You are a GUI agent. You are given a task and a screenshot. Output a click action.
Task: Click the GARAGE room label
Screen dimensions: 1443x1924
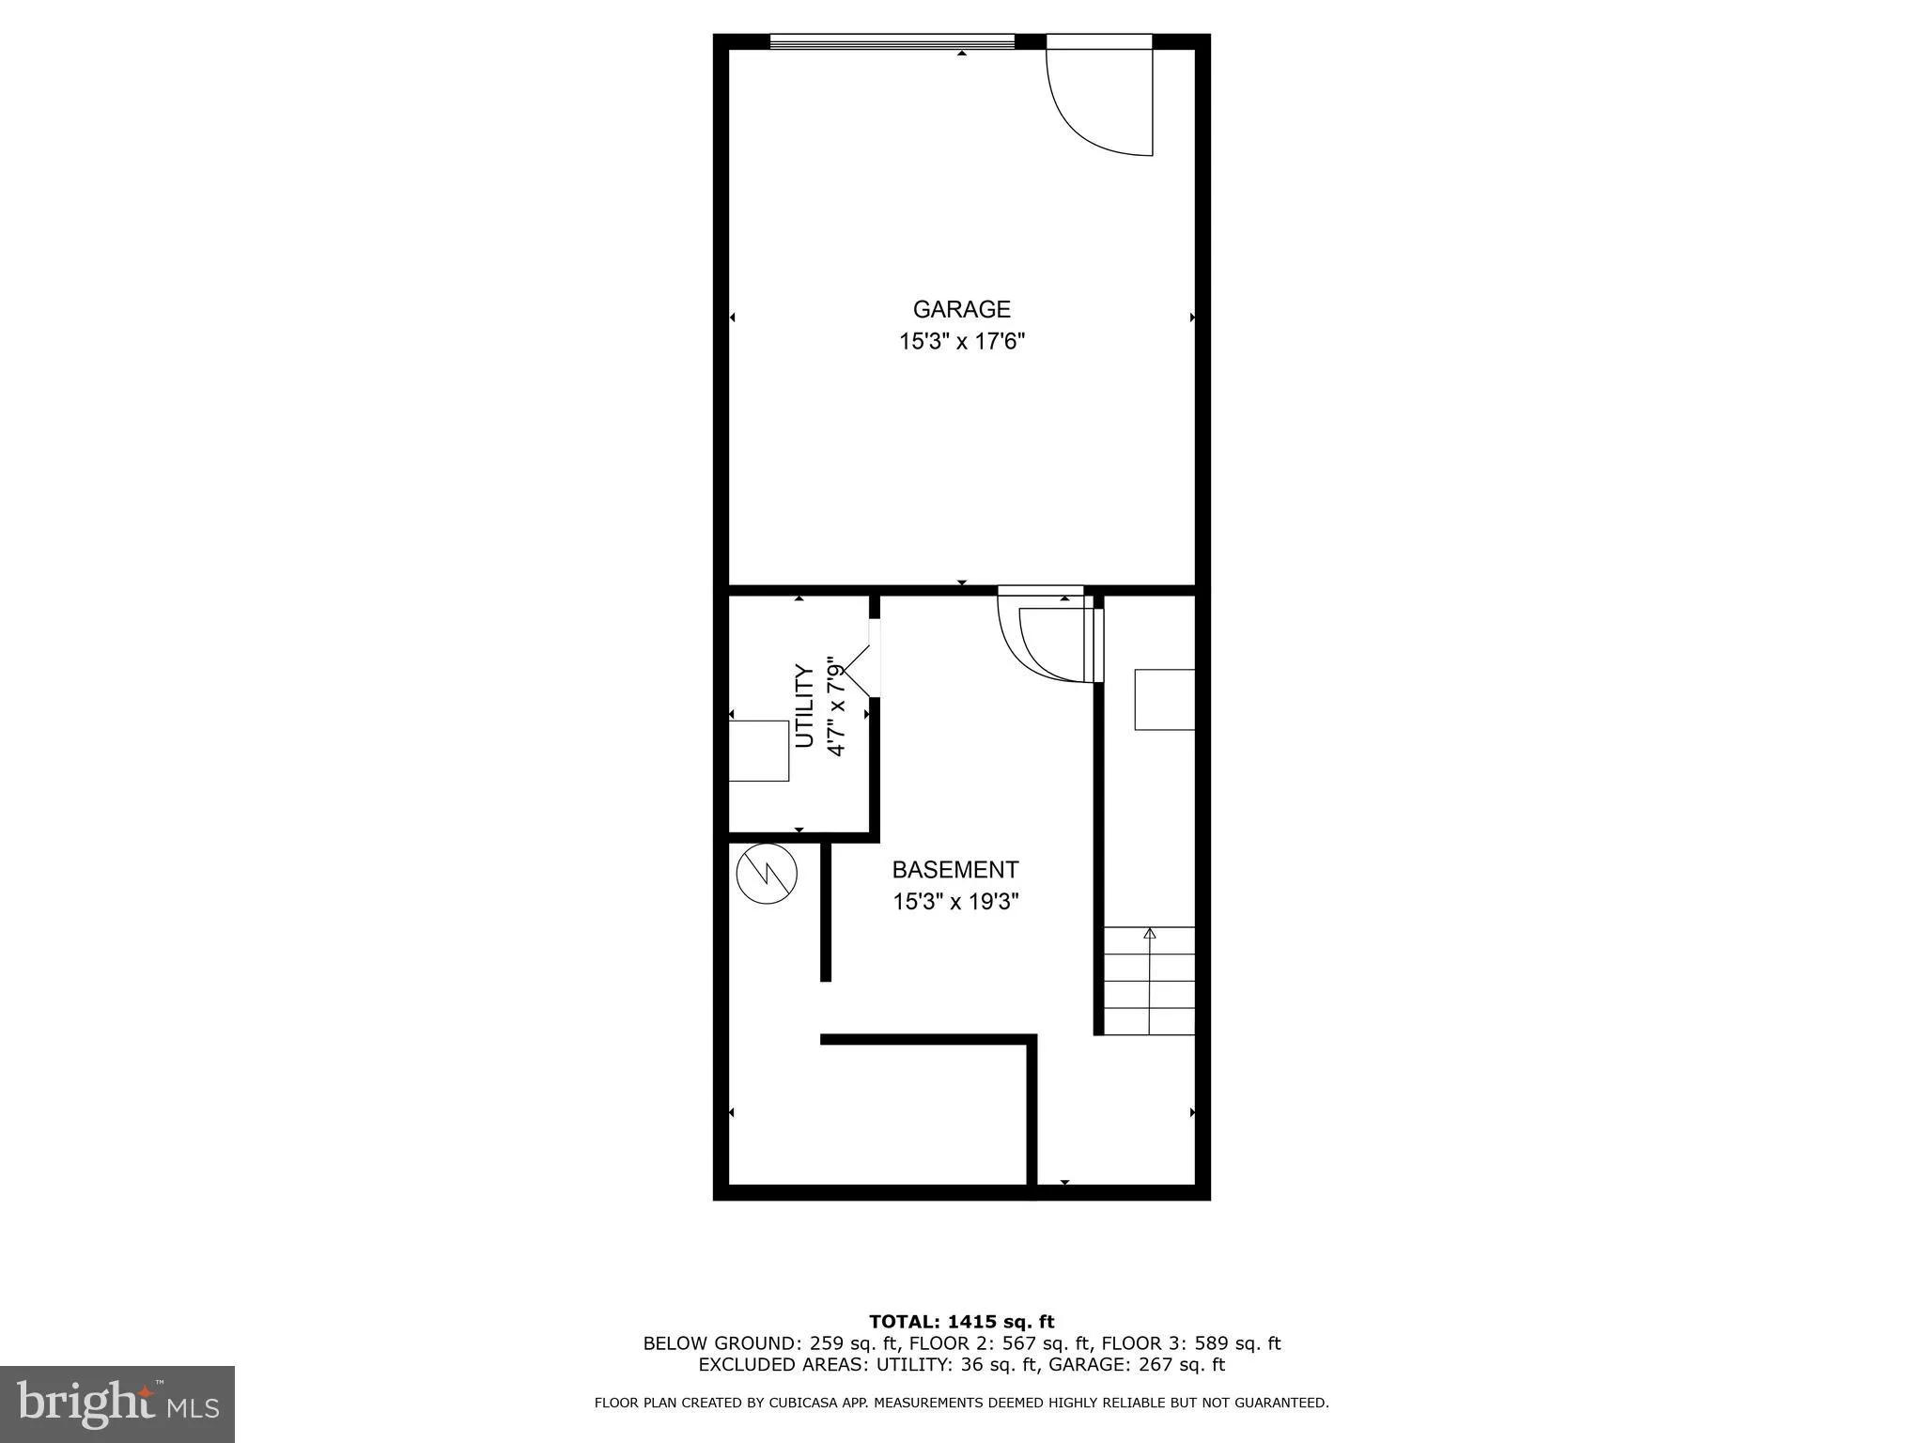[x=961, y=309]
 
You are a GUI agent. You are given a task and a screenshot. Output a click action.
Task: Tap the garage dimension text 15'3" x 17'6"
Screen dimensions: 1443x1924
[x=961, y=341]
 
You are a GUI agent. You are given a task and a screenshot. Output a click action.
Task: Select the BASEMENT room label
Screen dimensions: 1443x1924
[x=954, y=870]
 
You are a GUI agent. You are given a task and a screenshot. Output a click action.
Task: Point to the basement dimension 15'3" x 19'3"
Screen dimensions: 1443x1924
[x=954, y=902]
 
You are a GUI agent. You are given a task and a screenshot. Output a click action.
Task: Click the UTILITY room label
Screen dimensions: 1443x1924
[x=804, y=706]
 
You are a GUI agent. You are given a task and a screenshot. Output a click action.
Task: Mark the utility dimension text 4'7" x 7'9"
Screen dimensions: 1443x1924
[x=834, y=706]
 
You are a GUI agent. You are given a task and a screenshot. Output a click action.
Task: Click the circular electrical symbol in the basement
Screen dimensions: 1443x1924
[x=767, y=874]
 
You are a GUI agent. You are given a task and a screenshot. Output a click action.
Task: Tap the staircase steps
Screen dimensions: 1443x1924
[x=1149, y=982]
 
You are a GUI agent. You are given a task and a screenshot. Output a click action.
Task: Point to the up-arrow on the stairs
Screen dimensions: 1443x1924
[x=1149, y=934]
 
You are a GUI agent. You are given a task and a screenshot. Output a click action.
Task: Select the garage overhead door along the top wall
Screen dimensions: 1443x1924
[x=892, y=41]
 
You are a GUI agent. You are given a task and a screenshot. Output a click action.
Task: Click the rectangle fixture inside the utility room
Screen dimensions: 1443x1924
[x=759, y=751]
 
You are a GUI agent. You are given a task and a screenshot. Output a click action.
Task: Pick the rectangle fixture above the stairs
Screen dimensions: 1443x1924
[x=1165, y=700]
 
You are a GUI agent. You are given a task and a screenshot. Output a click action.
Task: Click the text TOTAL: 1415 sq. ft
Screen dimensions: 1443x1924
[x=961, y=1323]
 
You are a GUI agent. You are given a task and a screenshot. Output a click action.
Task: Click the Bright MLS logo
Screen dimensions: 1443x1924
[x=117, y=1404]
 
